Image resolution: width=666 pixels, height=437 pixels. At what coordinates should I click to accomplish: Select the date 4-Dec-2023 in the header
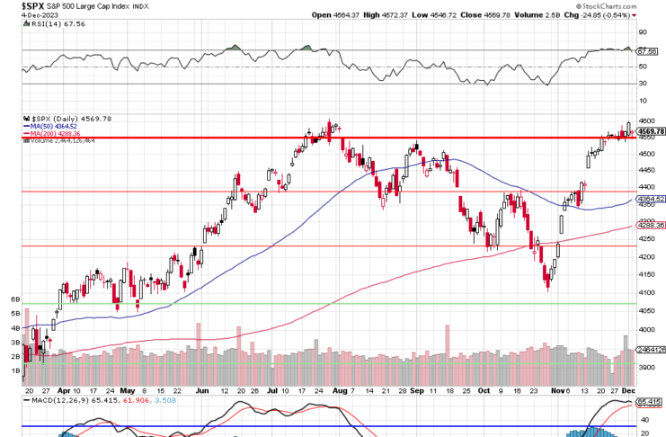tap(17, 15)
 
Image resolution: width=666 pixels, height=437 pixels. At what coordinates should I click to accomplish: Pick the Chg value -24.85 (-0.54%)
tap(605, 15)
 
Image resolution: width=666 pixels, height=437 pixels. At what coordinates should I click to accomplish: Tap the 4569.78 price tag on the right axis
tap(650, 131)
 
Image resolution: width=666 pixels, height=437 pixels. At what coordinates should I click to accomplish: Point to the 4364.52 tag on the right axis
tap(650, 199)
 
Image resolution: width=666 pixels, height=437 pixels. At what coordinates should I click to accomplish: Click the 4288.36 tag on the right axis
tap(650, 226)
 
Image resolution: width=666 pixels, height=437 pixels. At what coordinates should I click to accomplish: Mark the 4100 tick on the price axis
tap(646, 293)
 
